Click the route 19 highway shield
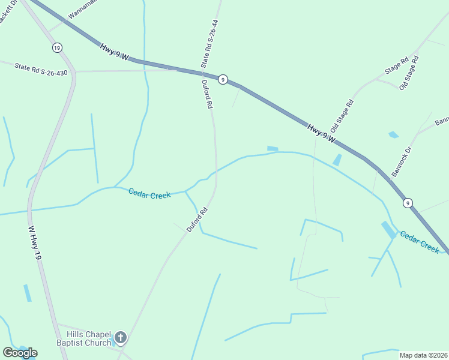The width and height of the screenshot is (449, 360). [x=57, y=47]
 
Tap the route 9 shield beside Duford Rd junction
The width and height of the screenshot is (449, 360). [x=223, y=79]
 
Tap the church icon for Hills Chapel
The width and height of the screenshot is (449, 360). [x=121, y=338]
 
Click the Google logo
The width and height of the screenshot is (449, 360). [x=20, y=353]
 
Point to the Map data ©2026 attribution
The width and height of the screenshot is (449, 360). [x=423, y=355]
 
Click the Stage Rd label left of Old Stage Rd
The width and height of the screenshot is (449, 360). [x=397, y=65]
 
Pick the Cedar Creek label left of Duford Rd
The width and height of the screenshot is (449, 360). [x=149, y=193]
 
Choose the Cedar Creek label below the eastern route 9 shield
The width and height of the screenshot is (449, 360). [x=420, y=242]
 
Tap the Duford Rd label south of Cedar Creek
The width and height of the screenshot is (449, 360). [x=197, y=220]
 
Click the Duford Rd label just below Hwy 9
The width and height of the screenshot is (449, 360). [x=207, y=94]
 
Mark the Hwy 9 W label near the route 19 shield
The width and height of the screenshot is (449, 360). [x=115, y=52]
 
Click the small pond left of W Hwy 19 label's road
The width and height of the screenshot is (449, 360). [x=27, y=293]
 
